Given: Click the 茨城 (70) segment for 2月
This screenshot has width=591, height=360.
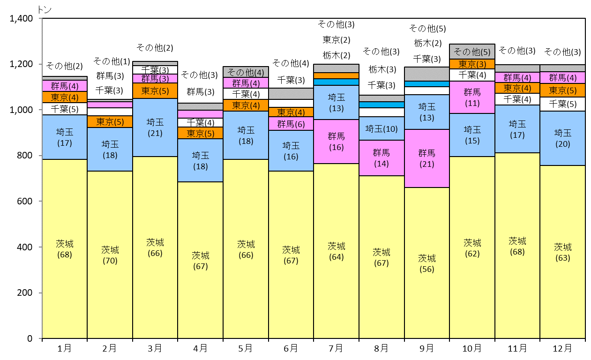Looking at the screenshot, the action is coord(110,255).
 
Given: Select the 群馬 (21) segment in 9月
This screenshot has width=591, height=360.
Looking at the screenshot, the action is coord(427,158).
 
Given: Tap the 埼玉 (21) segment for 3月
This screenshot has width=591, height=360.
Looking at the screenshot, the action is coord(155,128).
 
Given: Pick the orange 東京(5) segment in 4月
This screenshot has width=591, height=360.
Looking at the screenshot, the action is coord(201,133).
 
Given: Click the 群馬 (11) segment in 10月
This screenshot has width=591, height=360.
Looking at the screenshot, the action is coord(472,97).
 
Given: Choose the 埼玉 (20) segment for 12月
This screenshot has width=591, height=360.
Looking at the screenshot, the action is coord(562,138).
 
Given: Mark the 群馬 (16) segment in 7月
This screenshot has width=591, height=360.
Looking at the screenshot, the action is coord(337,142).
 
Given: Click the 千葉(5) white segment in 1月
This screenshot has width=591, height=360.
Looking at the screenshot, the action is coord(65,109).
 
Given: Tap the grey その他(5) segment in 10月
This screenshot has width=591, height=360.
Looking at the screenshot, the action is coord(472,52).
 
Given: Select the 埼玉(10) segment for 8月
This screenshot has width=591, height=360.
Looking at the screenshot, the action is coord(382,128).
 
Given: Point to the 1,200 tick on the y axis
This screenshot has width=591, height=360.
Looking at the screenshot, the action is coord(40,64).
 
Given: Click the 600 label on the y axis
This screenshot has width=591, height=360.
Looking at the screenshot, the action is coord(25,202).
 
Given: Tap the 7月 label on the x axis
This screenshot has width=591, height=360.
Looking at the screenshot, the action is coord(336,348).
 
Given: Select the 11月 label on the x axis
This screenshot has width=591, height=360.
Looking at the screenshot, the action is coord(517,348).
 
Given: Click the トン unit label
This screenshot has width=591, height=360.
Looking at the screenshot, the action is coord(45,10).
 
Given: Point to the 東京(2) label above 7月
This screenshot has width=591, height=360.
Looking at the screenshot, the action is coord(337,40).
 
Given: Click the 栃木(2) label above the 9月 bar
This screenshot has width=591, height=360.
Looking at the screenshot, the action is coord(428,43).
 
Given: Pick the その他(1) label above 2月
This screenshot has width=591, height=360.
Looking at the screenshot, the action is coord(112,61).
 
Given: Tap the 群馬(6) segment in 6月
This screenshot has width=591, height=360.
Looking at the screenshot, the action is coord(291,124).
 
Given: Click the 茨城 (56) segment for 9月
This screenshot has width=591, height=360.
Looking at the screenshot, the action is coord(427,263).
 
